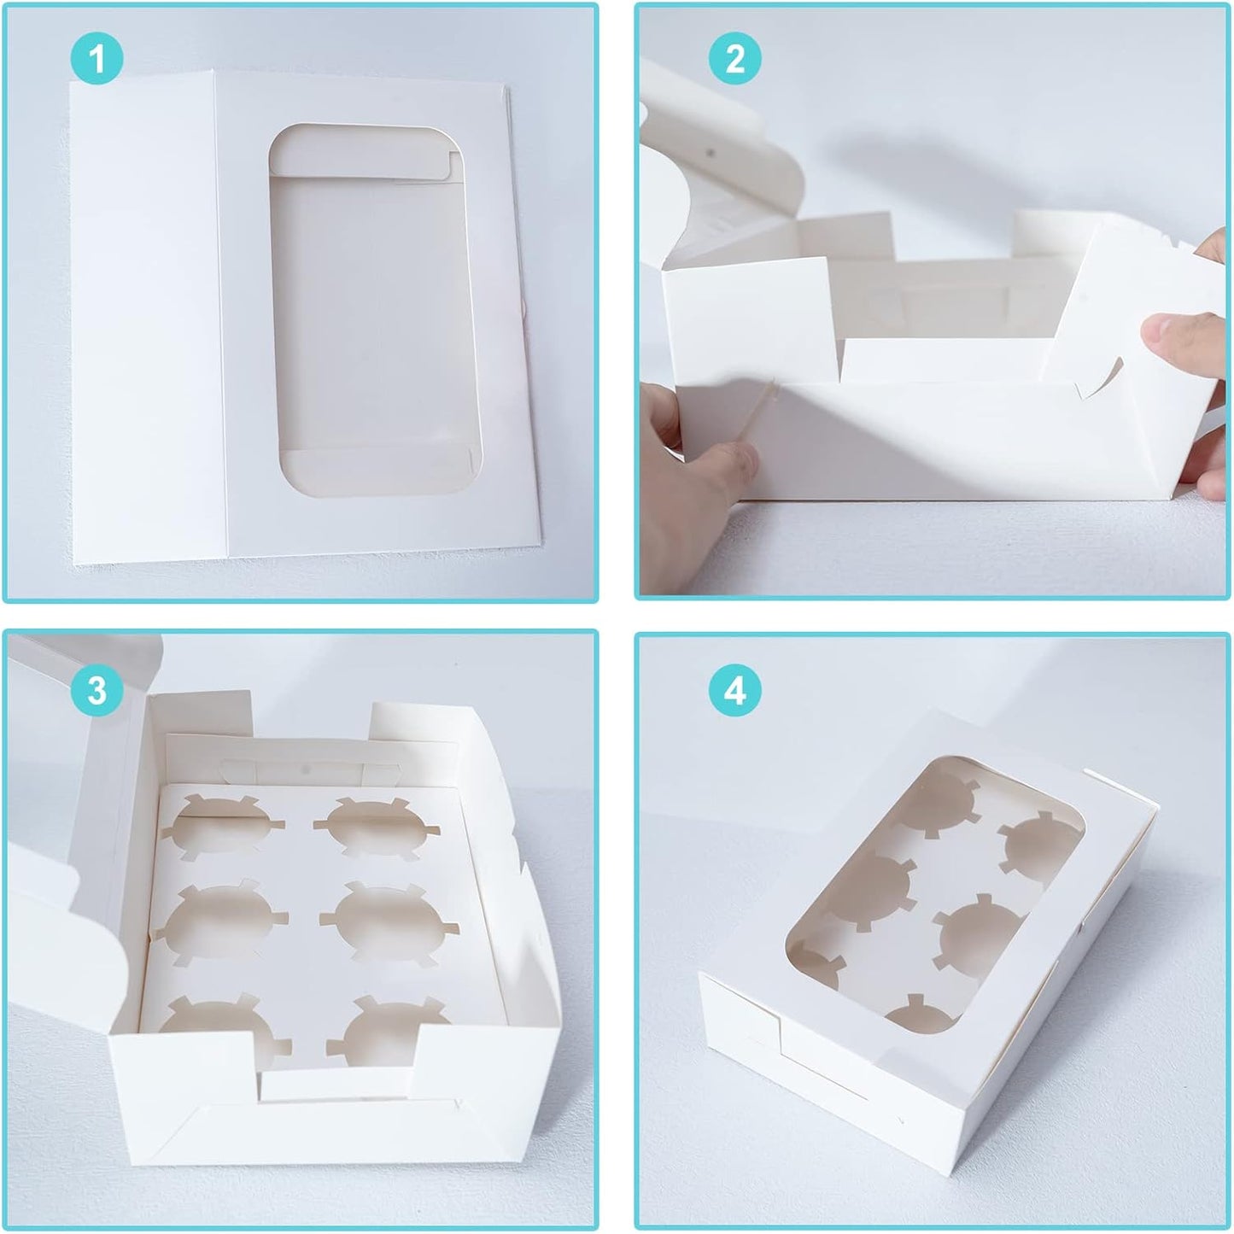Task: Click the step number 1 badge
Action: [97, 60]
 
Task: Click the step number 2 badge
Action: [734, 60]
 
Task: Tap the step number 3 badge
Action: [97, 689]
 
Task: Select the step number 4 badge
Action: [734, 689]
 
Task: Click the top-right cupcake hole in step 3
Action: [376, 824]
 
